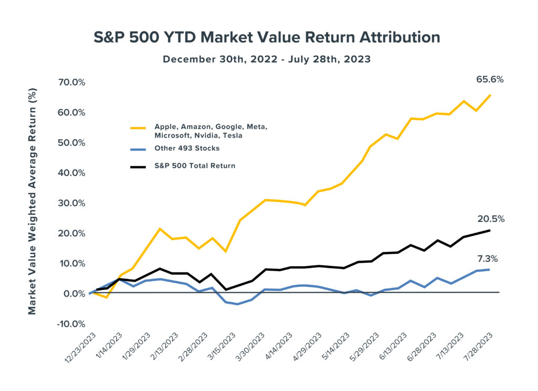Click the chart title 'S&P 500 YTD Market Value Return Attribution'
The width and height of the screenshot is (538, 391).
pos(266,38)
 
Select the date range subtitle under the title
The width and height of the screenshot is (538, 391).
pos(266,59)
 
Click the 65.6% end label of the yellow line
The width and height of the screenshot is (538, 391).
pos(490,80)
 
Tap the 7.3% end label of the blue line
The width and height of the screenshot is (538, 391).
pos(487,259)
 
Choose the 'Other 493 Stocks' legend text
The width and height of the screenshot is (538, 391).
pos(187,148)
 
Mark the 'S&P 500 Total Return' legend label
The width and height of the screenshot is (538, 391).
pos(195,166)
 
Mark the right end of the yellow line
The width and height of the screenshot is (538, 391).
pos(490,95)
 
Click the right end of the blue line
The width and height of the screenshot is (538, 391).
pos(490,270)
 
